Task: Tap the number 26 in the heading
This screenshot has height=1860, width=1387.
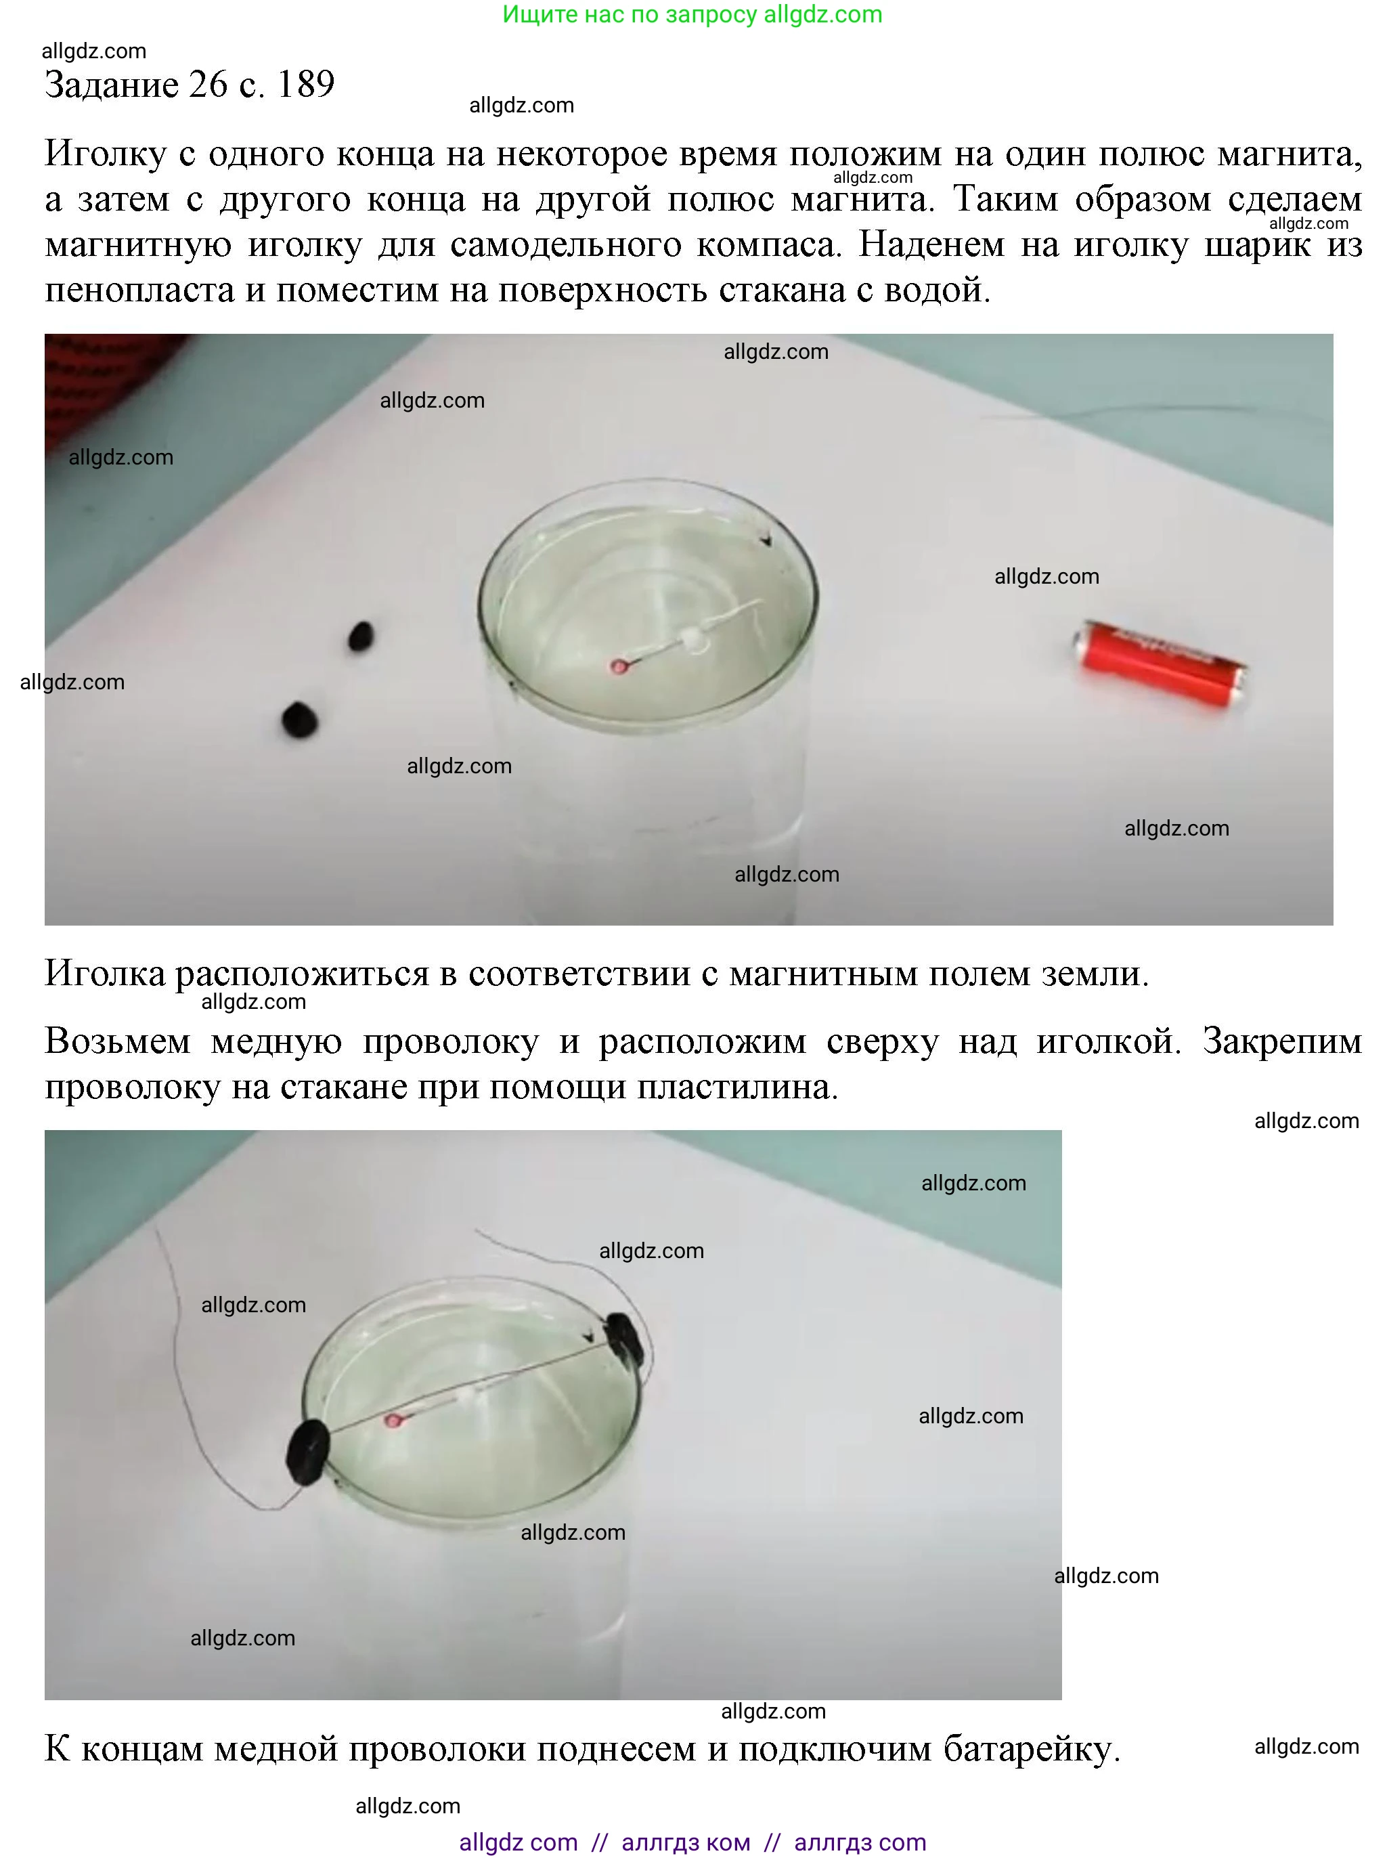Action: tap(208, 85)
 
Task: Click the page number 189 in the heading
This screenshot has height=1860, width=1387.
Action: tap(305, 85)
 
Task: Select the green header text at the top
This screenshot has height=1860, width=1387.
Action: tap(692, 14)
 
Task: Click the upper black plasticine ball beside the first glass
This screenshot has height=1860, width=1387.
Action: tap(360, 636)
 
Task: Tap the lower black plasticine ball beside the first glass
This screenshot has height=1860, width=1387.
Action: tap(300, 719)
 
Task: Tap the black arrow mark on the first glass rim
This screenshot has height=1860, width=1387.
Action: tap(766, 542)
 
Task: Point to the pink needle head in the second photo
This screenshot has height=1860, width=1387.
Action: tap(392, 1421)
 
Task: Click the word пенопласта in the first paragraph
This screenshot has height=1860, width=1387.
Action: tap(140, 290)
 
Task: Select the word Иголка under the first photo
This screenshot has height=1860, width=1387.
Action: tap(105, 974)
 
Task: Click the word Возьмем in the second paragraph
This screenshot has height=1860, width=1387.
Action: tap(118, 1042)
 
